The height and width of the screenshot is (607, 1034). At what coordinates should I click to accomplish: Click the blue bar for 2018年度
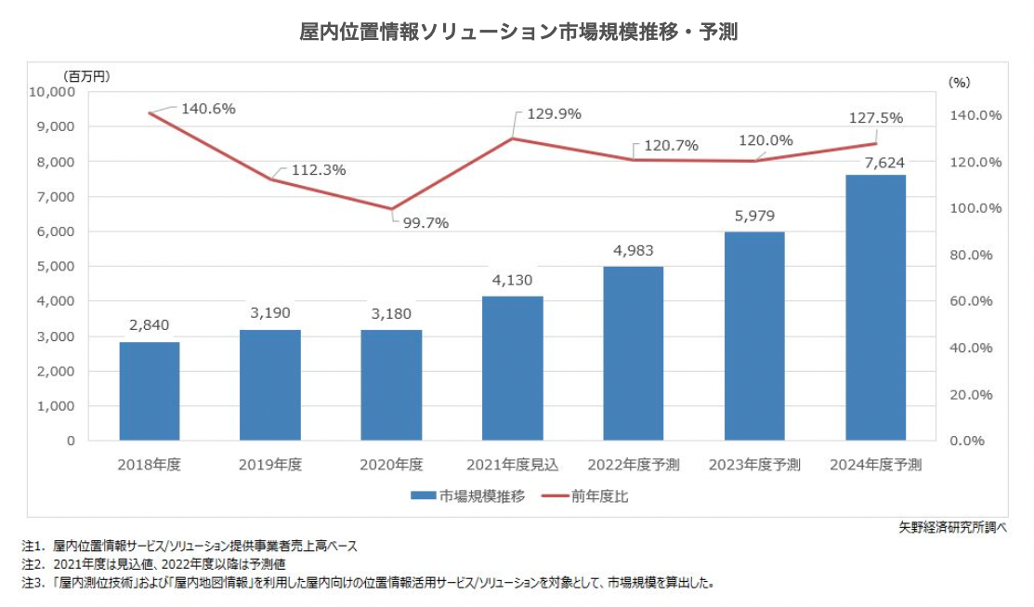(x=150, y=391)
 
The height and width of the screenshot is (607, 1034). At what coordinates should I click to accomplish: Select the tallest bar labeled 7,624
(x=875, y=308)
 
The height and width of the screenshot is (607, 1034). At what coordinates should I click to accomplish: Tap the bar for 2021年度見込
(x=512, y=368)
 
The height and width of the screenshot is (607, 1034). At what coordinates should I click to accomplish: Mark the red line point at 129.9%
(x=513, y=139)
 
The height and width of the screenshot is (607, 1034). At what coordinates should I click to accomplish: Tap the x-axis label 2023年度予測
(x=753, y=464)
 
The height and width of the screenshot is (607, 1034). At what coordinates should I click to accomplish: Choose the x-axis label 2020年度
(x=391, y=464)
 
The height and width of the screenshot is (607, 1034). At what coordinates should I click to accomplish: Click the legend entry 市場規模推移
(x=469, y=496)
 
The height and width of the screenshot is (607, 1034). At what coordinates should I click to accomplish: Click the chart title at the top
(x=517, y=32)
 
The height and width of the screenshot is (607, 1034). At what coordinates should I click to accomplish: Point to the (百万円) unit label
(x=87, y=75)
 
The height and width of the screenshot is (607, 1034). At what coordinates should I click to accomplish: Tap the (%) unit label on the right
(x=959, y=82)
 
